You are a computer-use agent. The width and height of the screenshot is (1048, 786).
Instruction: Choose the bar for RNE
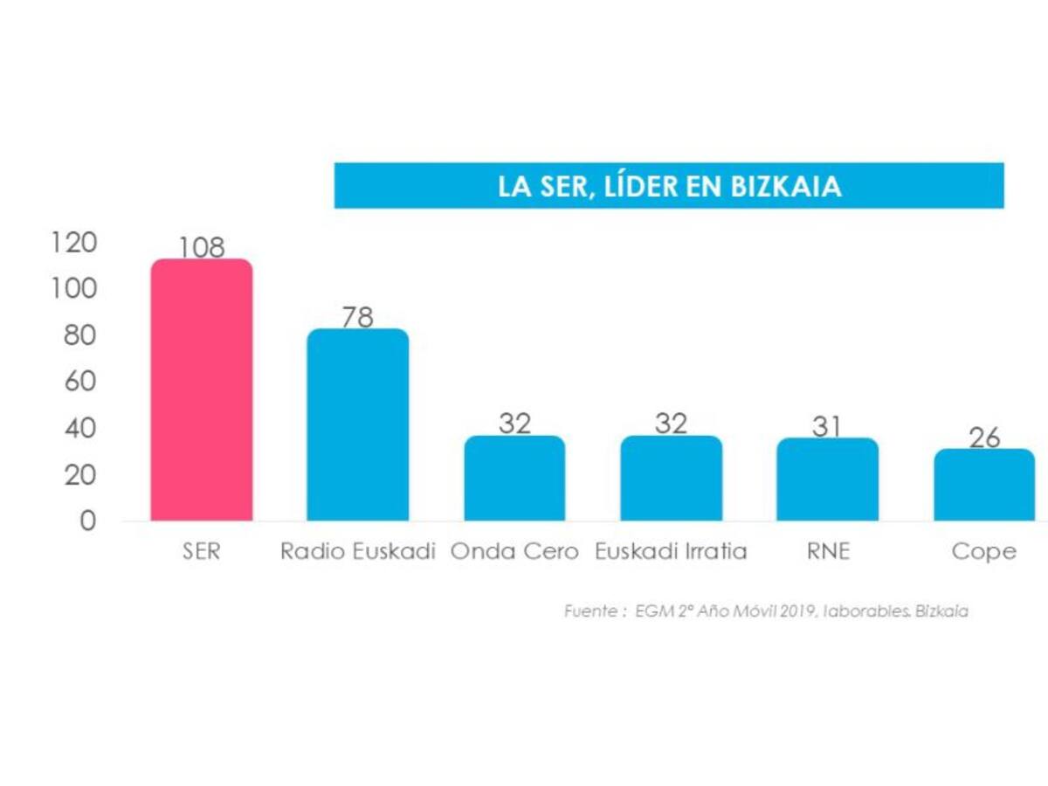[x=827, y=479]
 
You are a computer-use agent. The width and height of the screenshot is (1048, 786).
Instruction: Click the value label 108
[x=202, y=247]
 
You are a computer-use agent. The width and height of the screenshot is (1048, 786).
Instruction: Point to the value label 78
[x=357, y=317]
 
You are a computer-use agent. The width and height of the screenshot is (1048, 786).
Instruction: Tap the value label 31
[x=827, y=426]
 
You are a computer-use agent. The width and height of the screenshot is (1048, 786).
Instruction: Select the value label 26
[x=984, y=438]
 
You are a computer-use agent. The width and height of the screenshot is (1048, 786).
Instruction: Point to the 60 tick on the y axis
[x=80, y=382]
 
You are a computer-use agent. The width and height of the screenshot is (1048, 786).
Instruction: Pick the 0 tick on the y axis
[x=87, y=521]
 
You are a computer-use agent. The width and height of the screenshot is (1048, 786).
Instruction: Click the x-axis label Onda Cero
[x=514, y=552]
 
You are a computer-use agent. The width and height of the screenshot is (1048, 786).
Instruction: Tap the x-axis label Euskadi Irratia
[x=671, y=552]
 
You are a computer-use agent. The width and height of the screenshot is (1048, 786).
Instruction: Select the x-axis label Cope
[x=984, y=552]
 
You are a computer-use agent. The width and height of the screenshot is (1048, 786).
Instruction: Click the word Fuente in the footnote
[x=590, y=611]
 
